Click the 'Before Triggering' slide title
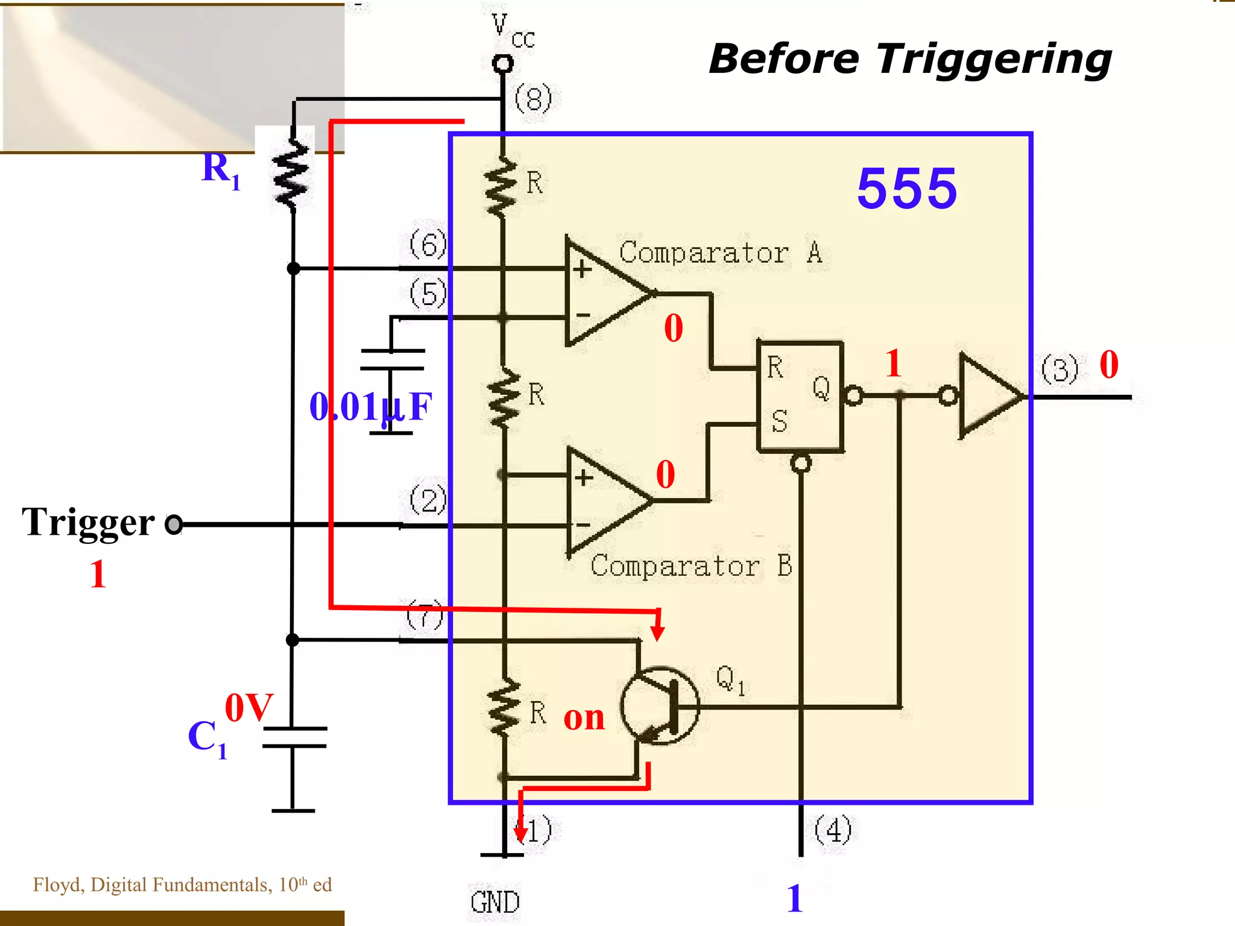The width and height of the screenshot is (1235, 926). point(910,59)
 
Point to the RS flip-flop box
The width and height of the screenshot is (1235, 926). point(800,396)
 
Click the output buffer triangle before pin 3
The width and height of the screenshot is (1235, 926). point(989,396)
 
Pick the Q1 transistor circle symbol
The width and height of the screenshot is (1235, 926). point(660,706)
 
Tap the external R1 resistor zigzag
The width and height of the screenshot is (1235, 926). point(292,175)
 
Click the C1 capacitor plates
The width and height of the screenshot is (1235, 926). point(294,737)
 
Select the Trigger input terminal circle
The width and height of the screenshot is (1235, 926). point(174,524)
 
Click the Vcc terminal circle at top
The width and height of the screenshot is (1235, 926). point(502,63)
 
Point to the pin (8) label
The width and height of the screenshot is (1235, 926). point(533,99)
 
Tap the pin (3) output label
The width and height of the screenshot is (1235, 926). point(1060,369)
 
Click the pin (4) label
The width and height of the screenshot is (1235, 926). point(833,830)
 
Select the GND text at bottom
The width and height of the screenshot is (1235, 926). point(495,902)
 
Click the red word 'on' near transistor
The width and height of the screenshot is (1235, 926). point(584,717)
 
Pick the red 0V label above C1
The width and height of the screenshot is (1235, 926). point(248,707)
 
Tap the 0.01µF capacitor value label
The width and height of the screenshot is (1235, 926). point(370,407)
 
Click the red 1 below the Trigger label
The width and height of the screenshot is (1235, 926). point(98,574)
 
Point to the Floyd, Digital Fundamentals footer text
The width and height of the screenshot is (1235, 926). point(182,884)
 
